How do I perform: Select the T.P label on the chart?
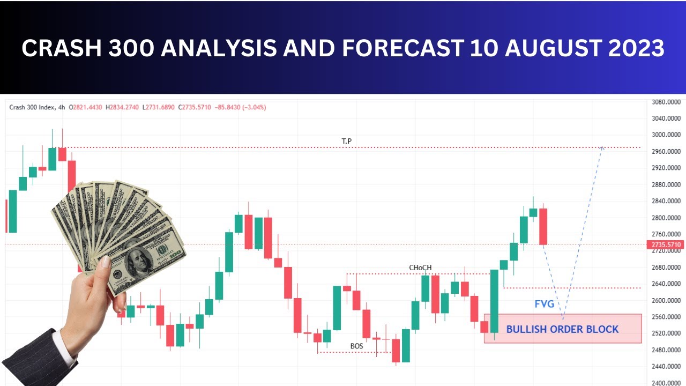(347, 141)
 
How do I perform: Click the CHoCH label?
(420, 268)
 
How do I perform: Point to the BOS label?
(356, 346)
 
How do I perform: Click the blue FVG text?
(544, 304)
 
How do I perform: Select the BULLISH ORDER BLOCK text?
(562, 329)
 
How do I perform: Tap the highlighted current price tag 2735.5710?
(666, 245)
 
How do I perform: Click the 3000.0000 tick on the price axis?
(666, 135)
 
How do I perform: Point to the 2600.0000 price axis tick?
(666, 300)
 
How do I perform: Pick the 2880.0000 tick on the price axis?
(666, 184)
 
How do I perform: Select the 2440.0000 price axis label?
(666, 367)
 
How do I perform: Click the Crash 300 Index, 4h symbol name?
(38, 107)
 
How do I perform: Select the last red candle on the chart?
(543, 226)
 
